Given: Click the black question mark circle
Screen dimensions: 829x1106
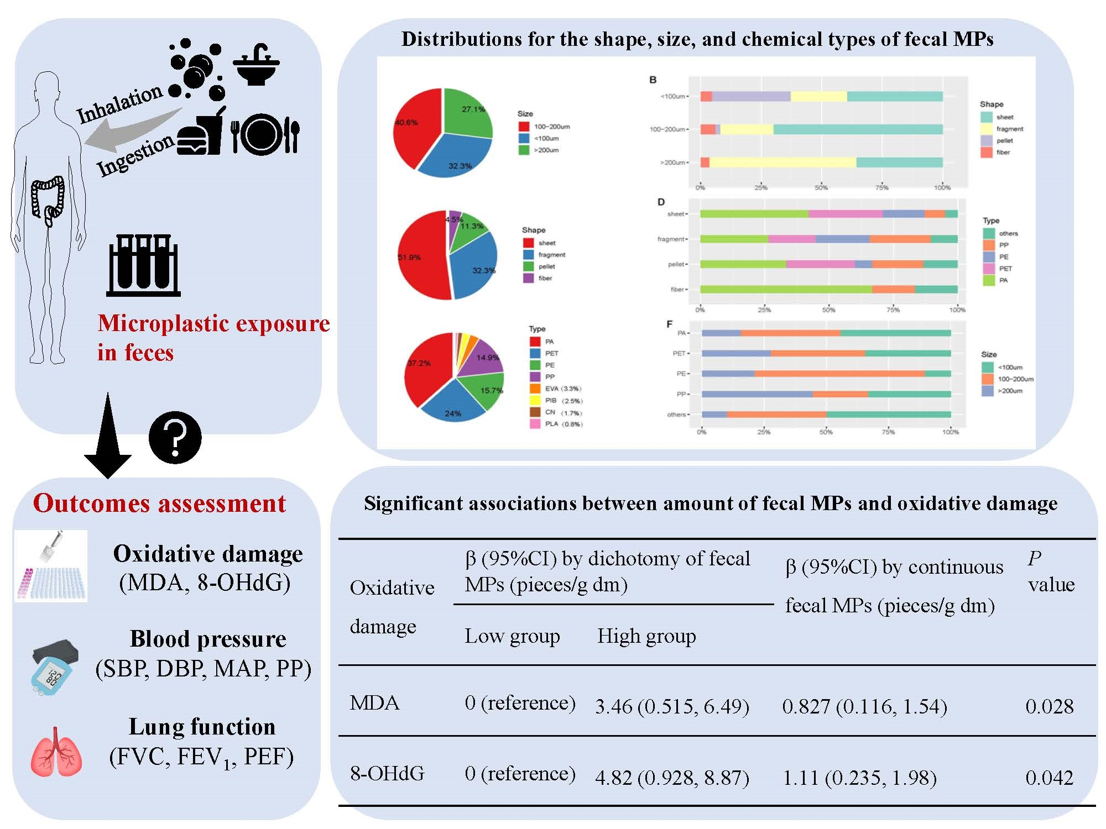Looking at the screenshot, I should click(x=175, y=437).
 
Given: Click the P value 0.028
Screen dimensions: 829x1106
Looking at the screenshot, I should click(x=1049, y=706).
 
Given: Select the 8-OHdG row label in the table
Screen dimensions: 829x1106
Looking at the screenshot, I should click(x=387, y=773).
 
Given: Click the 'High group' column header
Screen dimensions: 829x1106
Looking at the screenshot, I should click(x=646, y=636).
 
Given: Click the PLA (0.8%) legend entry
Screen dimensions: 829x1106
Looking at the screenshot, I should click(x=556, y=424).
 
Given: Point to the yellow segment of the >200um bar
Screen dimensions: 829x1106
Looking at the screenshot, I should click(x=782, y=162).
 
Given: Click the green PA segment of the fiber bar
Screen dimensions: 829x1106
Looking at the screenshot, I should click(x=785, y=289).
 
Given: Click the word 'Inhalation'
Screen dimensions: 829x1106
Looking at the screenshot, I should click(x=119, y=104).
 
